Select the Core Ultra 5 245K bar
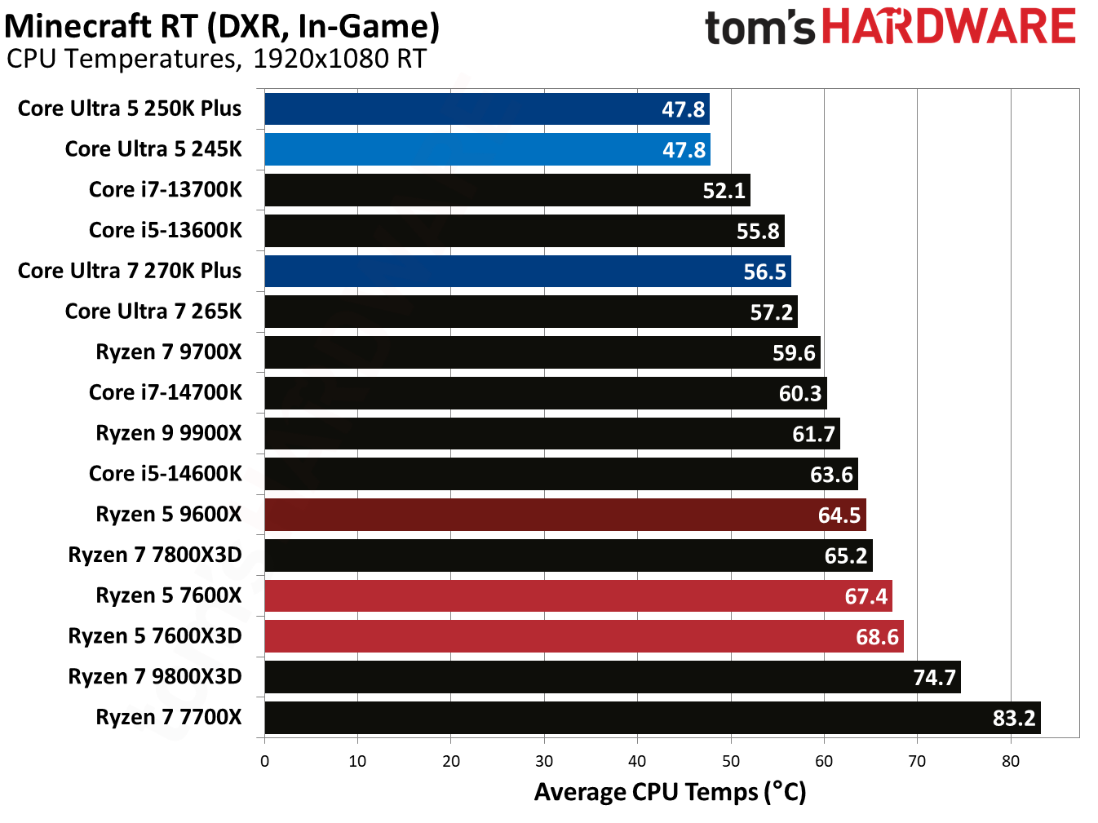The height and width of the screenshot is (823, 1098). point(486,149)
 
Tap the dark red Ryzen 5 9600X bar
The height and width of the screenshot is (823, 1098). point(564,515)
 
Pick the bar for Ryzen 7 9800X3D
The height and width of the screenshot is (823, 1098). point(612,677)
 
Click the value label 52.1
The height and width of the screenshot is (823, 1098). point(724,191)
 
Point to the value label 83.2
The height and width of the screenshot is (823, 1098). point(1013,719)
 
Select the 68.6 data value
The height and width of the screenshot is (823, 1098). point(876,637)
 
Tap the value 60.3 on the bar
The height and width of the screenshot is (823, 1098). point(799,394)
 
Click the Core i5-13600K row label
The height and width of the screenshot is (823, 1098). point(165,230)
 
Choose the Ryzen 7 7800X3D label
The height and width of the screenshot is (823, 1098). point(154,555)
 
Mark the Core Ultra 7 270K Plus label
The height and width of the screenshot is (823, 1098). point(130,271)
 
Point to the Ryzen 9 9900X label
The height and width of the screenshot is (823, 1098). point(168,433)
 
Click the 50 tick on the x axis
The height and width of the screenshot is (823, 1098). point(730,762)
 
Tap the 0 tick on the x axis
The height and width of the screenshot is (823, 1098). point(264,762)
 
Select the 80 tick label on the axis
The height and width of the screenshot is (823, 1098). point(1010,762)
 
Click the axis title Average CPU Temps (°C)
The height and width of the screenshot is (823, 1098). point(670,792)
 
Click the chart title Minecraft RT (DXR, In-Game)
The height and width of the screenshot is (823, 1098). point(222,26)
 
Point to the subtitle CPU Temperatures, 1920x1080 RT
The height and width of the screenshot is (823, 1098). point(216,59)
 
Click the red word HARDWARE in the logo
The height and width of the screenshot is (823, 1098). point(948,27)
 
